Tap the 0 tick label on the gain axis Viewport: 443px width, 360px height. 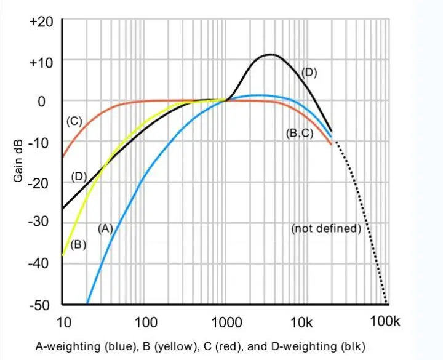pyautogui.click(x=42, y=101)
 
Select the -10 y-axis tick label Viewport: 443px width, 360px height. pyautogui.click(x=42, y=142)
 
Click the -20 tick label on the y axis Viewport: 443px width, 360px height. pyautogui.click(x=42, y=183)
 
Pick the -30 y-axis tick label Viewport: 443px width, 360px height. pyautogui.click(x=42, y=223)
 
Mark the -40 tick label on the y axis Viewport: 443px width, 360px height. pyautogui.click(x=42, y=263)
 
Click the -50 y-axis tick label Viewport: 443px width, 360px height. pyautogui.click(x=42, y=304)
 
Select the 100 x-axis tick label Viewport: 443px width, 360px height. pyautogui.click(x=145, y=321)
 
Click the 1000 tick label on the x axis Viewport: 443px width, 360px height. pyautogui.click(x=227, y=321)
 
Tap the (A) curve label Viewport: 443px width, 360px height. pyautogui.click(x=105, y=228)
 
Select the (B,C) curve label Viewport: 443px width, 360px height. pyautogui.click(x=300, y=132)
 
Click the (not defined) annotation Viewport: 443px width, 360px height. pyautogui.click(x=326, y=228)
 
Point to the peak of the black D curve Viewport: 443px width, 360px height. pyautogui.click(x=269, y=55)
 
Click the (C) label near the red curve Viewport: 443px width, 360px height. pyautogui.click(x=74, y=121)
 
